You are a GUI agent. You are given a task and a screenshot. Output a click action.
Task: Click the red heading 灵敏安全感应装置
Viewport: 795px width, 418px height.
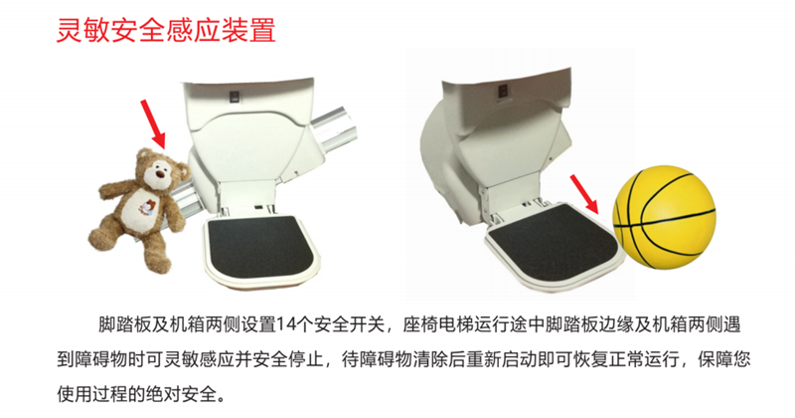click(x=166, y=31)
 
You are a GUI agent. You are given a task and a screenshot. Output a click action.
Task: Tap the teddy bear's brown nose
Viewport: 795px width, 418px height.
click(x=162, y=174)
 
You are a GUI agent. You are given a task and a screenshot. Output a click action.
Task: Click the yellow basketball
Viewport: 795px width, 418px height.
click(x=664, y=216)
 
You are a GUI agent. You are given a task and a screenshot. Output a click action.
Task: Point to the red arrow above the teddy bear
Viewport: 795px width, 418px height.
click(x=153, y=123)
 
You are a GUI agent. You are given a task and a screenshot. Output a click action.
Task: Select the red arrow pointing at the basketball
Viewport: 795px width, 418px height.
click(x=584, y=193)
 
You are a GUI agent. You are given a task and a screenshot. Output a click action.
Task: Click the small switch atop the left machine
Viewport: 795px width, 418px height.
click(x=234, y=97)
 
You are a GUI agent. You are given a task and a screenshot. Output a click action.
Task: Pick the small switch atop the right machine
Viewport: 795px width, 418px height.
click(x=502, y=91)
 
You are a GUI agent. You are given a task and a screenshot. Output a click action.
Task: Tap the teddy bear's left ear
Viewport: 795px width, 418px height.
click(x=144, y=155)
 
